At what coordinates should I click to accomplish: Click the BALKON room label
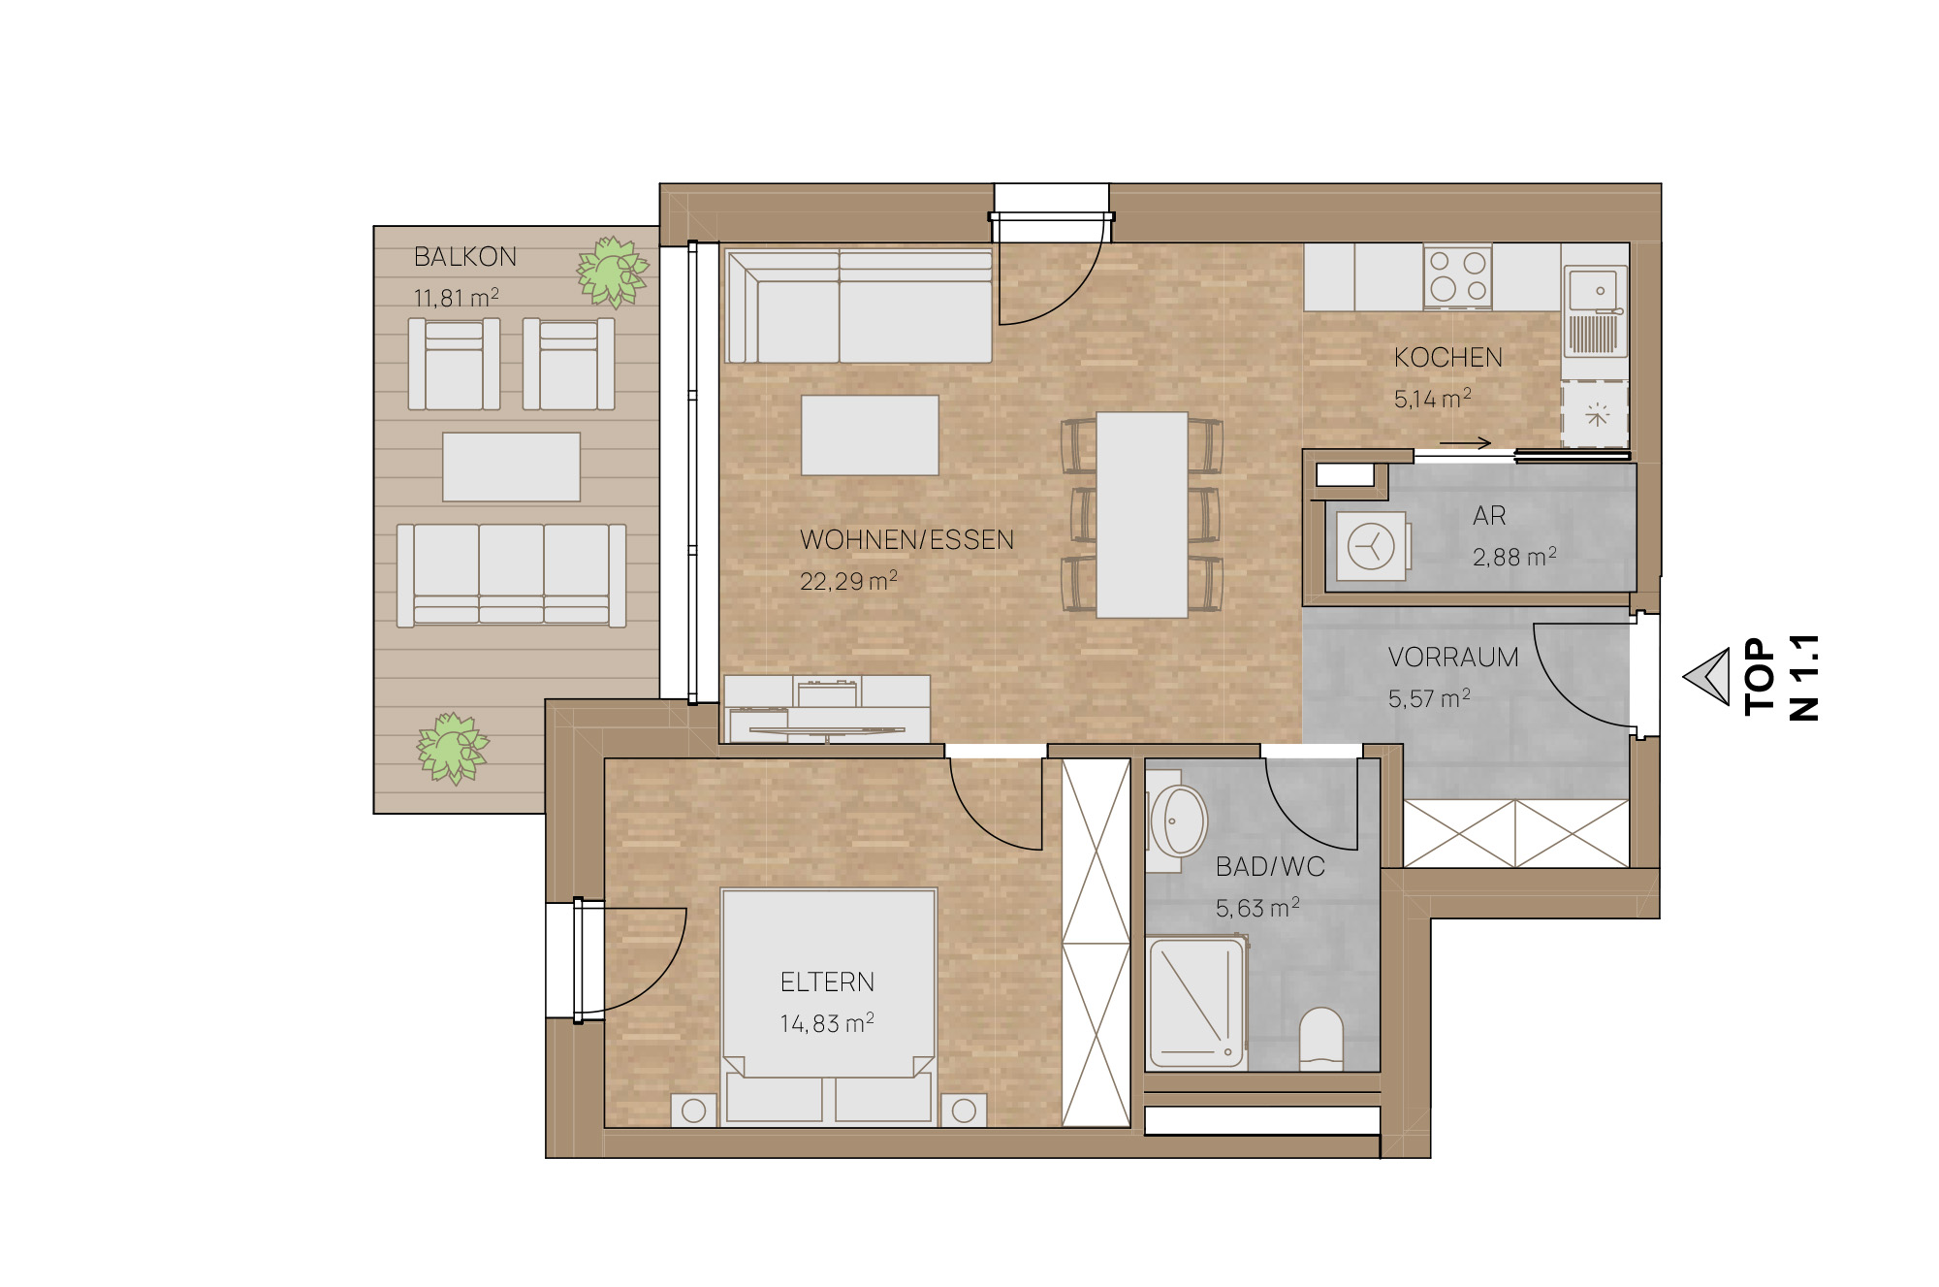(x=465, y=257)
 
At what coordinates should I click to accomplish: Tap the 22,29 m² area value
(x=848, y=581)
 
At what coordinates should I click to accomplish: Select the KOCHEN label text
(x=1448, y=358)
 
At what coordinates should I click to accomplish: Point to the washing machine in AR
(x=1371, y=546)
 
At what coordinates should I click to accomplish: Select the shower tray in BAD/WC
(x=1196, y=1003)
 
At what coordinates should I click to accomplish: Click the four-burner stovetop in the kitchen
(x=1458, y=276)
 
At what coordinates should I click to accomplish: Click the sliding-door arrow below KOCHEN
(x=1465, y=443)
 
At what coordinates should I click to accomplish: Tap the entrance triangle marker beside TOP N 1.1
(x=1707, y=676)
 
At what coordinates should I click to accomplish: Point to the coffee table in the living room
(x=870, y=434)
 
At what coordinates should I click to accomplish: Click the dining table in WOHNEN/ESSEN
(x=1142, y=515)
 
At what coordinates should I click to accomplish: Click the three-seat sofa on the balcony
(x=511, y=575)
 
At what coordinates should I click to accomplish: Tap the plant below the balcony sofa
(x=452, y=748)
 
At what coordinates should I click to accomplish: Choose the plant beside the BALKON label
(x=613, y=272)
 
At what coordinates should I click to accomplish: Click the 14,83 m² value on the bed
(x=827, y=1023)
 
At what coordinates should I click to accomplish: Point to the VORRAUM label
(x=1453, y=658)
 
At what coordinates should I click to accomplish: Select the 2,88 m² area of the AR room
(x=1514, y=557)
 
